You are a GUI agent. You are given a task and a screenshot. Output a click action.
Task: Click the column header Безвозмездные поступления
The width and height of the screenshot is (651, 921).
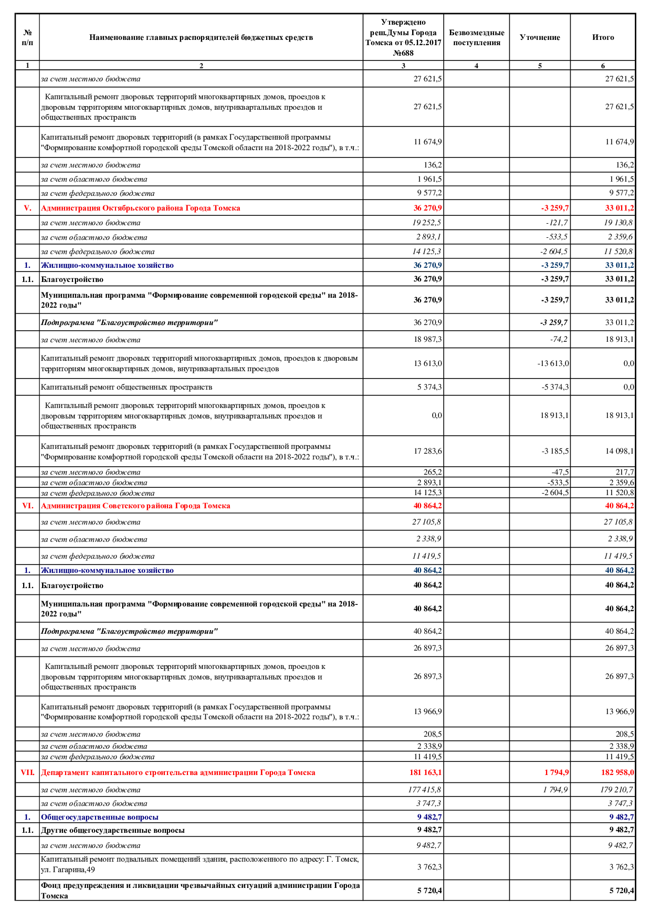pos(476,37)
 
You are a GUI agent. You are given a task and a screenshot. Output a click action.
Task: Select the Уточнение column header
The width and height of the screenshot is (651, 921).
pos(539,37)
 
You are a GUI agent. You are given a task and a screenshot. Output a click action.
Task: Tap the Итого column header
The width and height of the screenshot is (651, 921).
pos(603,37)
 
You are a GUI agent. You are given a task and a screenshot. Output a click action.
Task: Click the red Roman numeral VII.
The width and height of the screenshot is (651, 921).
pos(27,772)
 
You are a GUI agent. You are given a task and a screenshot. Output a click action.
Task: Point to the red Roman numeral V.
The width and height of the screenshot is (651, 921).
pos(27,208)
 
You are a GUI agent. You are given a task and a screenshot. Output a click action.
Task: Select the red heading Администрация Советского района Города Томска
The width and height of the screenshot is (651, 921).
pos(135,506)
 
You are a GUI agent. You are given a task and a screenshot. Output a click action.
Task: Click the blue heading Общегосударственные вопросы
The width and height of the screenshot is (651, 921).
pos(100,817)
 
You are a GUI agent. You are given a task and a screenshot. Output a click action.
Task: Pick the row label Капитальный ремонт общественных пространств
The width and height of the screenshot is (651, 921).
pos(127,387)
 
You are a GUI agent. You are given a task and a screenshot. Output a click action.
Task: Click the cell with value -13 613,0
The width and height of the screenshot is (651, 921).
pos(553,363)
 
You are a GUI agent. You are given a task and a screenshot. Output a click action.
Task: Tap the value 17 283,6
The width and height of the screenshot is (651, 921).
pos(427,451)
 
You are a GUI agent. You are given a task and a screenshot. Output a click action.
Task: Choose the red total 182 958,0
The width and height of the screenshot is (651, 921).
pos(617,772)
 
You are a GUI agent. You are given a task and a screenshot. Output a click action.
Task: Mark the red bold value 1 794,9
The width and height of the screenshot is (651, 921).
pos(556,772)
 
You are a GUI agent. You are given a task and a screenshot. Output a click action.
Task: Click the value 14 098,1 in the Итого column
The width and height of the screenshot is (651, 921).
pos(619,451)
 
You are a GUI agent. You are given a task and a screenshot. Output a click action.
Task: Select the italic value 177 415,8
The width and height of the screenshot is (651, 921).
pos(424,790)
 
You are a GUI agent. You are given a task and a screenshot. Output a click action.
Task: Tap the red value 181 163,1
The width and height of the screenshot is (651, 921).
pos(425,772)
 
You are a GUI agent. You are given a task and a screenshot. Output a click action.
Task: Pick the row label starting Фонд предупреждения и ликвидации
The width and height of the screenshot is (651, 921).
pos(200,890)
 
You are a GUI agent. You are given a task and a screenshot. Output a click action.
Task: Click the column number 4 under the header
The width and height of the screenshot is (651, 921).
pos(476,66)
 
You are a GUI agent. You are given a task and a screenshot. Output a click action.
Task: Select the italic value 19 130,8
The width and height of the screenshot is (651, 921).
pos(618,223)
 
